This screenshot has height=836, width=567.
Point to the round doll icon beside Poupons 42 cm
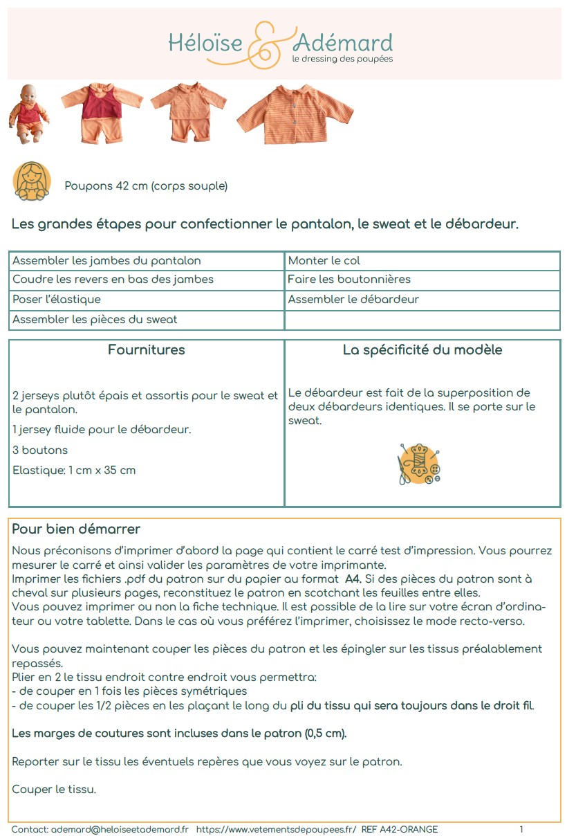[x=32, y=181]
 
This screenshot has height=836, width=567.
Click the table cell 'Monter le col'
[x=324, y=261]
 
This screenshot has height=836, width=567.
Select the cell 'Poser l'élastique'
[x=57, y=300]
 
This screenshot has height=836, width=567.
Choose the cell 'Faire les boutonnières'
[x=349, y=280]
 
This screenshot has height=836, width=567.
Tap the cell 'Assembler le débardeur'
[x=353, y=300]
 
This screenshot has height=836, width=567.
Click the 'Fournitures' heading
[x=147, y=350]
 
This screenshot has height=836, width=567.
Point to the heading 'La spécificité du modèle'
[x=422, y=350]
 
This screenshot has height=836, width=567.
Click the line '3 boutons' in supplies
[x=40, y=451]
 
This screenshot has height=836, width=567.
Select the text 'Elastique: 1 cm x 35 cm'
[x=74, y=471]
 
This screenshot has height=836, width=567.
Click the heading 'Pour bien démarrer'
[x=76, y=530]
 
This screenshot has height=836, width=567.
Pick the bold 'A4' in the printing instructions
[x=352, y=579]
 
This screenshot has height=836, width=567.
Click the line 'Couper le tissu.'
[x=54, y=790]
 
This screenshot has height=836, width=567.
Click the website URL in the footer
[x=276, y=829]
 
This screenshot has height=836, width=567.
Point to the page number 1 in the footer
[x=521, y=829]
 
